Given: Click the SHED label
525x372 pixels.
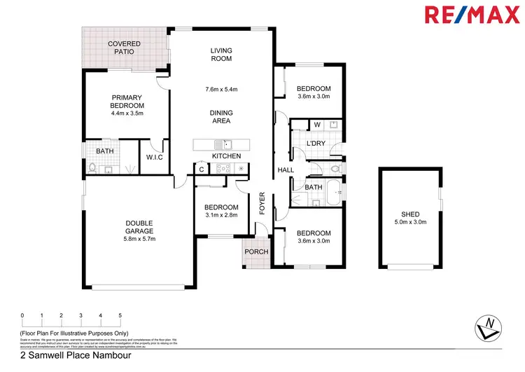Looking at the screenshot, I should [410, 214].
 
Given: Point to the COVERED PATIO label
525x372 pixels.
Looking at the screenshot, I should [124, 48].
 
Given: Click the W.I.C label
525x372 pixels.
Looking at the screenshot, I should [155, 156].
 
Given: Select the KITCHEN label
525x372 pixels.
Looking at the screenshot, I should [226, 156].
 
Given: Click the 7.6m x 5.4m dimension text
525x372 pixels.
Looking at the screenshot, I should [222, 89].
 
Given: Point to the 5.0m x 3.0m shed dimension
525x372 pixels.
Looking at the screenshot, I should [410, 223].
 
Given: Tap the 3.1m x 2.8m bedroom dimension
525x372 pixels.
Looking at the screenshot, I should [221, 216].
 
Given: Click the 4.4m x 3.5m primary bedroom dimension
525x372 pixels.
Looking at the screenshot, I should [127, 113].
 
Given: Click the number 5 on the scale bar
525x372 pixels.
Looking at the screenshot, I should [120, 316].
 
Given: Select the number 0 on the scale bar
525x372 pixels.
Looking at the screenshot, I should [22, 316].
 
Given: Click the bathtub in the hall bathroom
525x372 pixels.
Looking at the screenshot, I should [335, 188].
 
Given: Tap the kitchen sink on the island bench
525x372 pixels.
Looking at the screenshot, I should [218, 144].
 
